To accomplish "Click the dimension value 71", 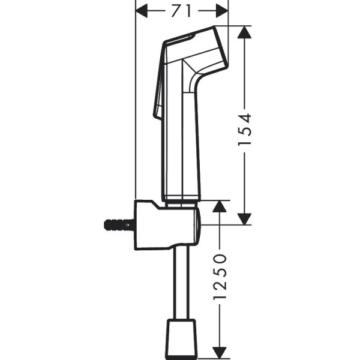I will [x=182, y=10].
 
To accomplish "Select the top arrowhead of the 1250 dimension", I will [x=220, y=208].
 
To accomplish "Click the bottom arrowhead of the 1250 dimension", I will [x=220, y=353].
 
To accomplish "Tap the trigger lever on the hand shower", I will [x=160, y=84].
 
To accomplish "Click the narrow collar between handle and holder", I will [x=180, y=199].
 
